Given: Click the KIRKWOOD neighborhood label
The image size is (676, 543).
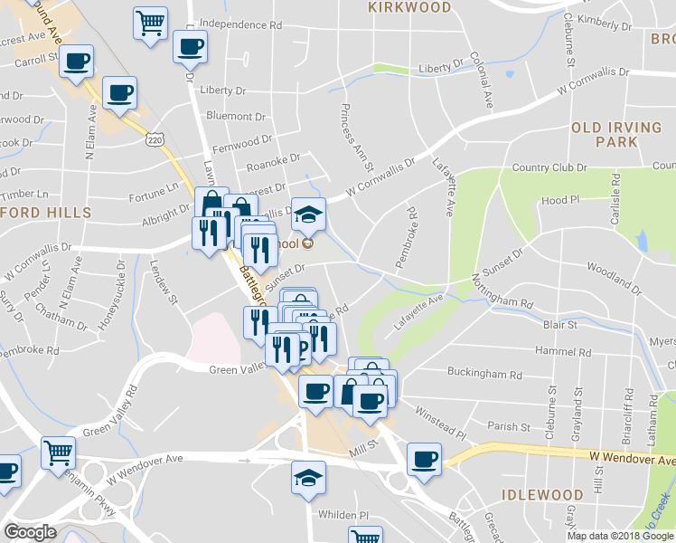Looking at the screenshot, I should click(409, 7).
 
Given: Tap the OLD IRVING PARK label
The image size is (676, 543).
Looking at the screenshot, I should click(616, 135).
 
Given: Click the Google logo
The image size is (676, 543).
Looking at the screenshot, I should click(30, 532).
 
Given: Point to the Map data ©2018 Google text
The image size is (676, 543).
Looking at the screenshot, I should click(619, 536).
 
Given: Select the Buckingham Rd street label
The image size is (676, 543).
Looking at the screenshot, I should click(485, 374).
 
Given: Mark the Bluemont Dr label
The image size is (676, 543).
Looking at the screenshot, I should click(236, 116).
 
